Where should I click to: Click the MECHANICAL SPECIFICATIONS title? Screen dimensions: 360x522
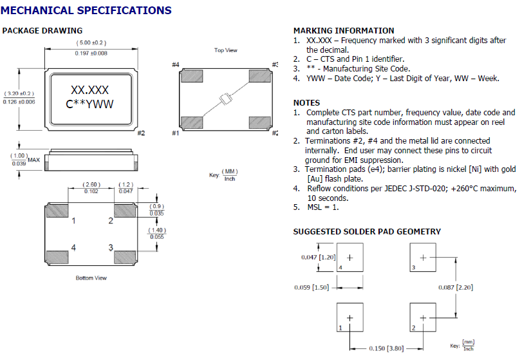pos(86,10)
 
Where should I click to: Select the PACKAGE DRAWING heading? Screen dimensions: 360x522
pos(42,31)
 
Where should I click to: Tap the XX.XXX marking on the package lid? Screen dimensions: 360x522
pos(91,91)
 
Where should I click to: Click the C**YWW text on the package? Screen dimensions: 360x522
pos(91,104)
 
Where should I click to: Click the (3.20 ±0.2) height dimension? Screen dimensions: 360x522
pos(19,93)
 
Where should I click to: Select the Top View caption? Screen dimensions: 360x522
pos(225,50)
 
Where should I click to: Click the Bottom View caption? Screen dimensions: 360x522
pos(91,278)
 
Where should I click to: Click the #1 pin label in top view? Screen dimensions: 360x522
pos(175,133)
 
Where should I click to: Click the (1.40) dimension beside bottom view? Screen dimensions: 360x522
pos(156,231)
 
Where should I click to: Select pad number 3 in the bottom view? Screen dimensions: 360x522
pos(111,247)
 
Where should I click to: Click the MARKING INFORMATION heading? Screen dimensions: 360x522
pos(344,31)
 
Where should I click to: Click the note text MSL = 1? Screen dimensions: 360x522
pos(322,207)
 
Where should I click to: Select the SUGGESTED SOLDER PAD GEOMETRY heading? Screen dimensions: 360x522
pos(367,232)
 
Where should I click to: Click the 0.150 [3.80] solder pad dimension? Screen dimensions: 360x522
pos(386,348)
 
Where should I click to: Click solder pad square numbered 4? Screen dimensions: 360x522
pos(350,257)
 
